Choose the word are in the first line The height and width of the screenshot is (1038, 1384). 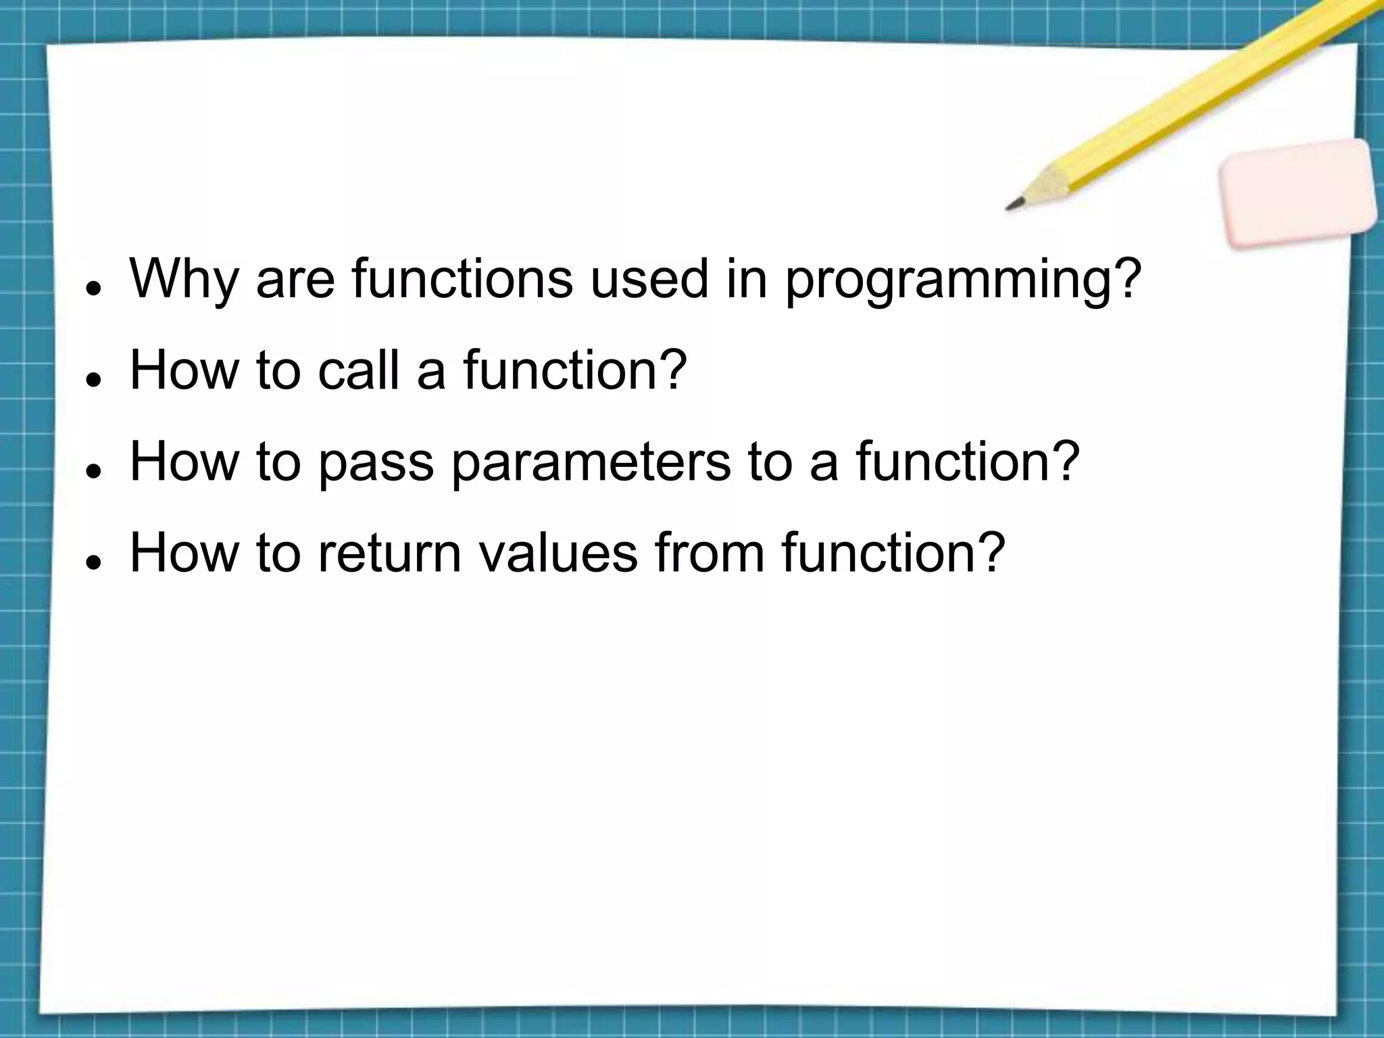pos(295,280)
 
